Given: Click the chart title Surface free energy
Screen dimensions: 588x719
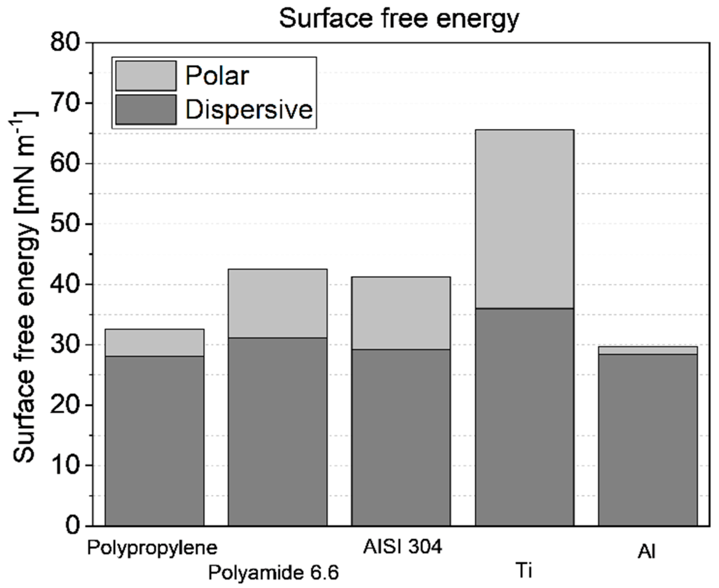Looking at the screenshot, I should coord(399,18).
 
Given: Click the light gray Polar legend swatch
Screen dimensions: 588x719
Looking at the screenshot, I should coord(146,76).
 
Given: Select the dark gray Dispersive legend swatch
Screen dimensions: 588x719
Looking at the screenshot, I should coord(146,109).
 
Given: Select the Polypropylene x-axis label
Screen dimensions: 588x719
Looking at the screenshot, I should coord(152,548).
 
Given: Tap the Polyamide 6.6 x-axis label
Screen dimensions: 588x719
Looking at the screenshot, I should coord(273,573).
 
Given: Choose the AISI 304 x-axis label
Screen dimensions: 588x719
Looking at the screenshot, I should coord(402,546).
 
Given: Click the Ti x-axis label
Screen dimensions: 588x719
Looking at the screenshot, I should coord(524,571).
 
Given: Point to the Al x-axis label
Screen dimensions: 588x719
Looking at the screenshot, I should coord(646,552).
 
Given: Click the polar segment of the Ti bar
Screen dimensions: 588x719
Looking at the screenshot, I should coord(525,219).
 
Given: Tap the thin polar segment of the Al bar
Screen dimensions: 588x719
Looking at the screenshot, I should coord(648,350).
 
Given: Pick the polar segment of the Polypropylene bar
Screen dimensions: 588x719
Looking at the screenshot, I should coord(154,342).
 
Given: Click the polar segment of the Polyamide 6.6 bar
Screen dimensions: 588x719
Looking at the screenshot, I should coord(278,303).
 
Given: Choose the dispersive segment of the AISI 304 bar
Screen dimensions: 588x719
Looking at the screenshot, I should coord(401,437).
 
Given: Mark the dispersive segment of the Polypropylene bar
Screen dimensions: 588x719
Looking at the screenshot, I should coord(154,441).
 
